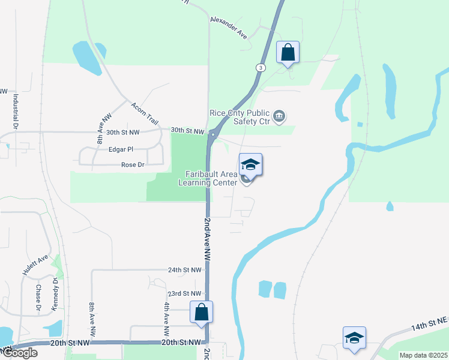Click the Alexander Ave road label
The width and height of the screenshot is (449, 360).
point(229,28)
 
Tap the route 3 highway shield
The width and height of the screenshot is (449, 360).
point(260,68)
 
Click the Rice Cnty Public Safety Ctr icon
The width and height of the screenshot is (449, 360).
point(279,116)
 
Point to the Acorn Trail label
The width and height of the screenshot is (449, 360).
point(144,113)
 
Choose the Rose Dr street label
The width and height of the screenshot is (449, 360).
point(133,164)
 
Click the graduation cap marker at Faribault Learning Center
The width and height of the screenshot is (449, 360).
point(250,165)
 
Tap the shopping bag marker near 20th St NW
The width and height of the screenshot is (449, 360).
point(202,312)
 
